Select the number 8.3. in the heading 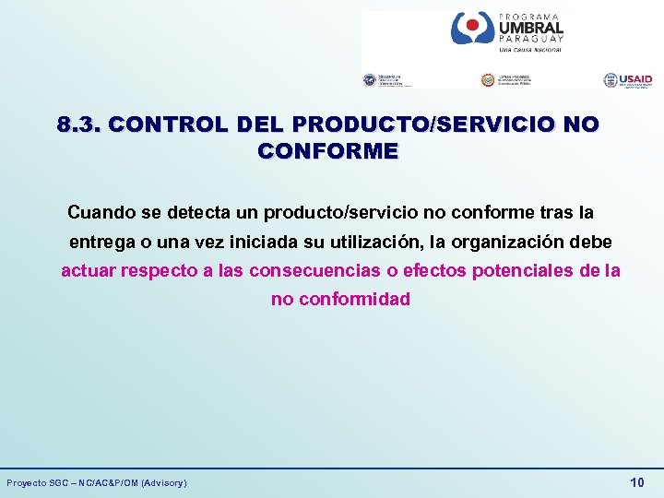78,125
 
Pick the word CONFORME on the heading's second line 328,150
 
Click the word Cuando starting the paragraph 101,213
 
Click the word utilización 382,242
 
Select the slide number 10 636,482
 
